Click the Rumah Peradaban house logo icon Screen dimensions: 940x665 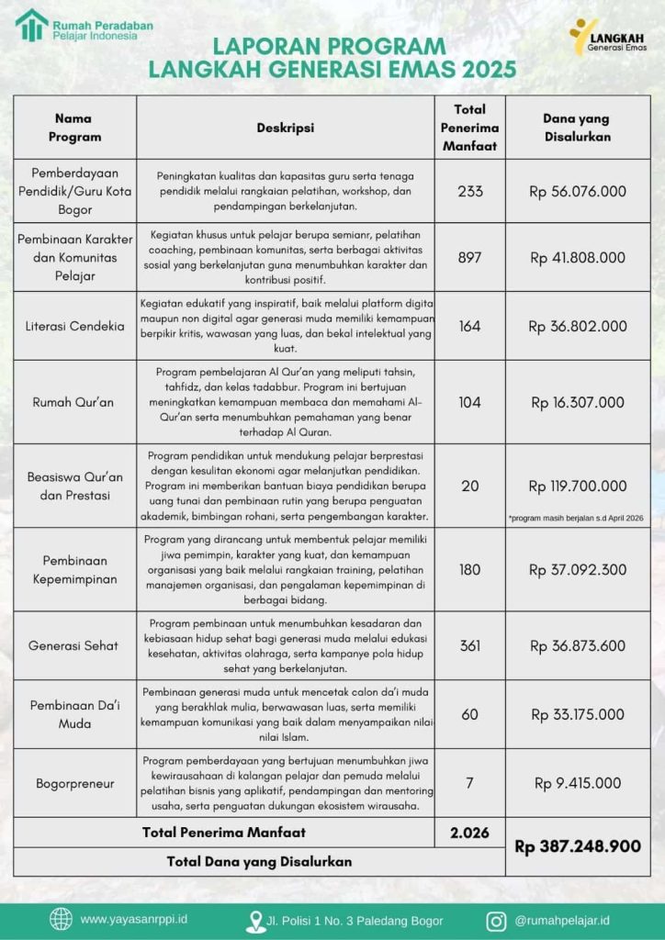coord(31,26)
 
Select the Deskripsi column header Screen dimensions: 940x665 coord(285,128)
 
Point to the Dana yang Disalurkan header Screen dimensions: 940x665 coord(576,128)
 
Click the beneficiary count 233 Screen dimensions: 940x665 coord(469,191)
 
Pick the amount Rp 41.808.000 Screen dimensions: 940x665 coord(578,258)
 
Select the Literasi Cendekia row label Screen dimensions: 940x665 coord(73,326)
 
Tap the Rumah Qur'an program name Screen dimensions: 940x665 coord(73,402)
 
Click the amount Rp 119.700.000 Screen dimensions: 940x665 coord(578,486)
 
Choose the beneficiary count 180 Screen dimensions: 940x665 coord(469,570)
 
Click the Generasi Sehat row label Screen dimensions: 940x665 coord(73,645)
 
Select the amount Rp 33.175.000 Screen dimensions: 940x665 coord(578,714)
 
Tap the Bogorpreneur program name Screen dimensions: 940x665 coord(73,783)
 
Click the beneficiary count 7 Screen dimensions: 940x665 coord(469,783)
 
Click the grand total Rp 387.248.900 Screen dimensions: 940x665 coord(578,845)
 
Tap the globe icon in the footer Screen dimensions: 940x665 coord(61,919)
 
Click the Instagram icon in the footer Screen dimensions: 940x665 coord(496,919)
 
